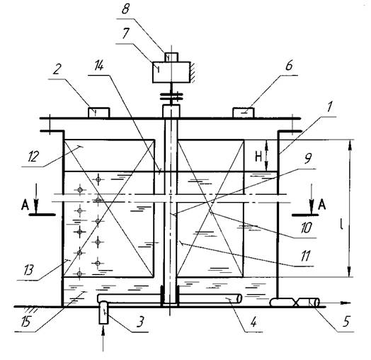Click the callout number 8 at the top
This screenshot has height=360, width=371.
click(x=125, y=10)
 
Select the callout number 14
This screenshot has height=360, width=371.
click(x=99, y=66)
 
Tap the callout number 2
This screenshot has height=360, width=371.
click(x=56, y=69)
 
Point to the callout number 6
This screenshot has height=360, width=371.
click(x=289, y=65)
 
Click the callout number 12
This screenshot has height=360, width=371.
click(x=33, y=157)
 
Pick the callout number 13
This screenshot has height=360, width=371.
click(x=28, y=269)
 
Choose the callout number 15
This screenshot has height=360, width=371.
click(x=25, y=322)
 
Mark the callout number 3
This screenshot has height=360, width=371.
click(x=140, y=322)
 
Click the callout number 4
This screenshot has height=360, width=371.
click(x=253, y=322)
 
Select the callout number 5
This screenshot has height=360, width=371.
click(x=346, y=322)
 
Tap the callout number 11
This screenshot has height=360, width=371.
click(x=305, y=256)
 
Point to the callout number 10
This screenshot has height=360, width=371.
click(x=307, y=227)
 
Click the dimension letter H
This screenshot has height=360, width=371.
click(x=258, y=157)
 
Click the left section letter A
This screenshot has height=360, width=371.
click(x=25, y=205)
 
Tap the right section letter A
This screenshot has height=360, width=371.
click(x=321, y=205)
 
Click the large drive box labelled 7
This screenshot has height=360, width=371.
click(x=171, y=72)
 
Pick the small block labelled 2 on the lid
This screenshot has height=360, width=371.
click(x=99, y=113)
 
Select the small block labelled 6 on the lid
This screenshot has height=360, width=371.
click(x=244, y=113)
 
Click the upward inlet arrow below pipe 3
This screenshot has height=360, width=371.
click(x=103, y=339)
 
